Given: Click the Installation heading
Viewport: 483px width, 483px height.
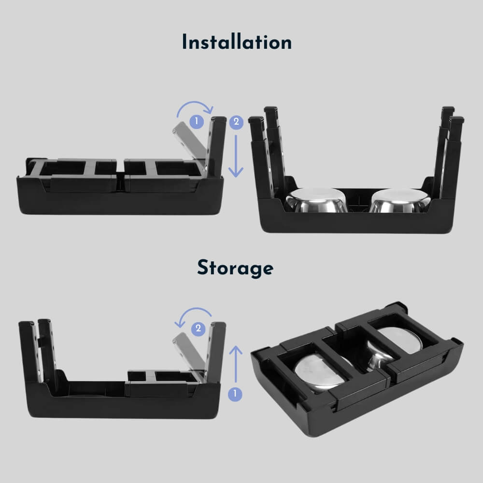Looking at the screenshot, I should click(x=237, y=43).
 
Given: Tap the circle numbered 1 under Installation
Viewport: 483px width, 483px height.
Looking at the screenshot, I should click(x=196, y=122).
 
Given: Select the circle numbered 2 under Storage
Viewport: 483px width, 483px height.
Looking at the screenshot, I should click(x=197, y=329).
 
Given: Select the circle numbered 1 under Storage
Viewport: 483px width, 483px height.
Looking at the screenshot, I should click(x=235, y=394).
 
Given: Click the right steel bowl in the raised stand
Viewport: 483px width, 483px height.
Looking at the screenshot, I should click(x=399, y=200).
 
